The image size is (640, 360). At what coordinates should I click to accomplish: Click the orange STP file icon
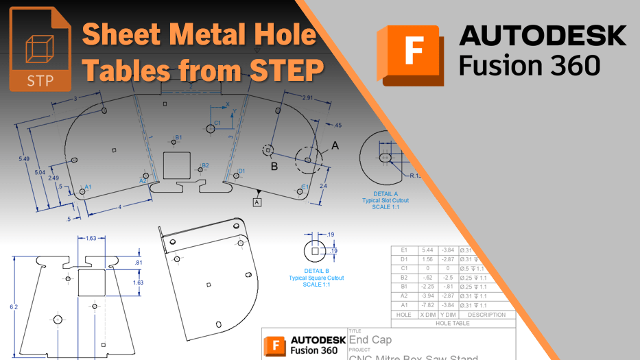point(40,49)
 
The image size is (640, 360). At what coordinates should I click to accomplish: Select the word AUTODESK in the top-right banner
point(542,35)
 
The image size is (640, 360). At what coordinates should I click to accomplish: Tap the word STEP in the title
point(287,70)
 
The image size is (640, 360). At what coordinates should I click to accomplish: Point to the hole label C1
point(217,123)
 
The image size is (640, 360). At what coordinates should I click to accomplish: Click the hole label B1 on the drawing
point(178,138)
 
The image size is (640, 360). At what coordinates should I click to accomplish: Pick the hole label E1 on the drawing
point(305,187)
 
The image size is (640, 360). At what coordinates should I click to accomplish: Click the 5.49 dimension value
point(24,159)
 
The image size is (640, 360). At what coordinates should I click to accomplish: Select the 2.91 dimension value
point(307,99)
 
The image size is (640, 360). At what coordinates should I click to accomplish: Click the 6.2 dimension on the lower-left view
point(14,307)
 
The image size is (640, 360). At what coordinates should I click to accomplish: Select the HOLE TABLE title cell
point(453,323)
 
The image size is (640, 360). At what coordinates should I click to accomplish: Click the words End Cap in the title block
point(371,339)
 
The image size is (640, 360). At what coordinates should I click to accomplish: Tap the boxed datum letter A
point(257,202)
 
